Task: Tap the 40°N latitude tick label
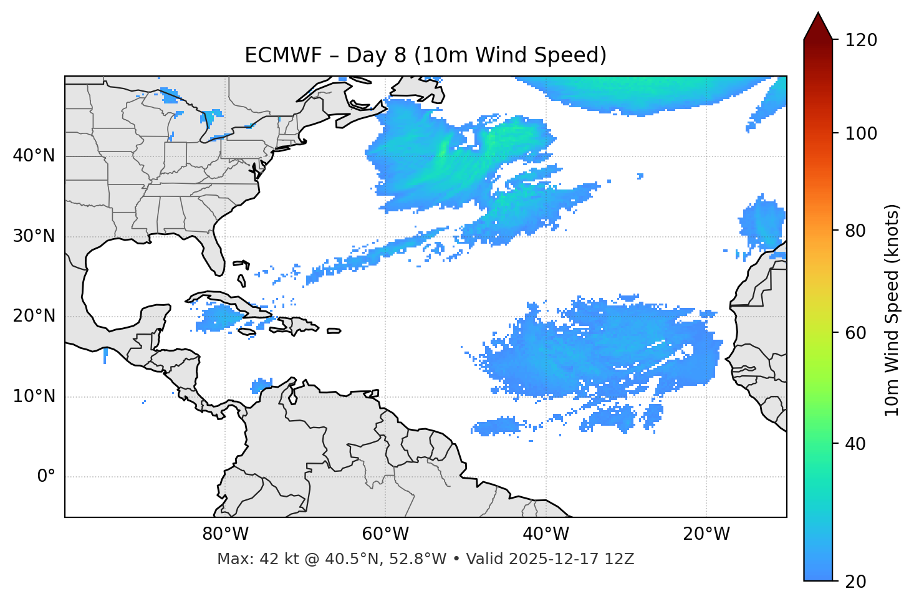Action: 34,155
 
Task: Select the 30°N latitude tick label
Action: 34,236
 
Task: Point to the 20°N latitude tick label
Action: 34,316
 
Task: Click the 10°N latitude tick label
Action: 34,396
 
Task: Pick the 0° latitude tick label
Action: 46,477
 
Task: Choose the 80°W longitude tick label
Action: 225,534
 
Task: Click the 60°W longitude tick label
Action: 385,534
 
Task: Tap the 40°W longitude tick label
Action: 546,534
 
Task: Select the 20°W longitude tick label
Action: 706,534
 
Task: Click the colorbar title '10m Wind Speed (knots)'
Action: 892,310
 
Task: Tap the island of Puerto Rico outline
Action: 334,331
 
